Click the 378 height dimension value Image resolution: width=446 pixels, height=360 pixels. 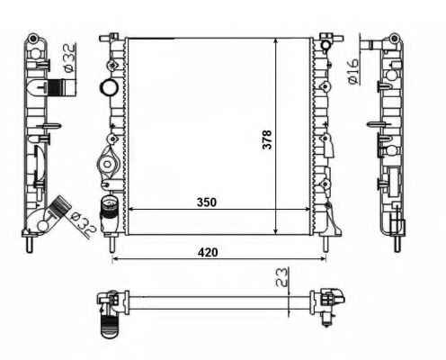pos(266,139)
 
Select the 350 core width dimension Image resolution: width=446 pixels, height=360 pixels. pos(207,202)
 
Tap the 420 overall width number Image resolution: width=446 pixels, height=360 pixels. pos(208,252)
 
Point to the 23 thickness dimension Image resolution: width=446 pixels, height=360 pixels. pos(281,277)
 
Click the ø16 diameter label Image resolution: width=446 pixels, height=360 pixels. pos(353,71)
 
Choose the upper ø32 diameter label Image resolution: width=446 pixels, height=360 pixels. pos(69,58)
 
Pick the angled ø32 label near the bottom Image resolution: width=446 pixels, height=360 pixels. pos(83,224)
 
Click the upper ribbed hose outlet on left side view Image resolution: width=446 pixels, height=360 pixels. pos(62,87)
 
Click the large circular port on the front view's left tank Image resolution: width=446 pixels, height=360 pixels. pos(109,87)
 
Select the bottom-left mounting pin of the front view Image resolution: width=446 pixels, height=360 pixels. pos(111,243)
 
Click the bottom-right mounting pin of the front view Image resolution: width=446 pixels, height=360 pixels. pos(326,243)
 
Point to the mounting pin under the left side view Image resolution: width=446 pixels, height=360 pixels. pos(30,244)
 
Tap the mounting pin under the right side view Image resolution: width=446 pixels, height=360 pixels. pos(397,243)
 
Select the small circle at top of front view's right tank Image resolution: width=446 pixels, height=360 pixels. pos(326,45)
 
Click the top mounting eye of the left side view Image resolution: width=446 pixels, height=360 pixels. pos(32,38)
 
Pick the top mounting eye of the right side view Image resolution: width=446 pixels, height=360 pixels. pos(395,38)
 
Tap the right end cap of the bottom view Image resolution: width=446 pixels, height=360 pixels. pos(327,302)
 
